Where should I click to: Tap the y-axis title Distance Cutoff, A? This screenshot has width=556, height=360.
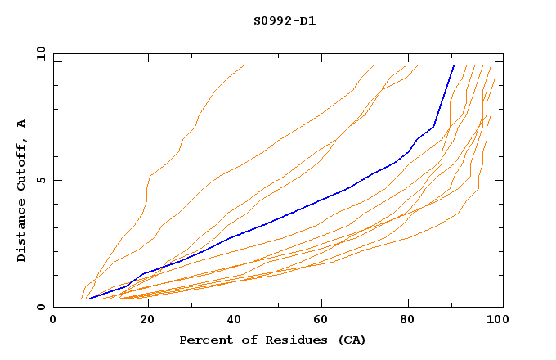(21, 189)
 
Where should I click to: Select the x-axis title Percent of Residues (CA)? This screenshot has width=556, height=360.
(272, 340)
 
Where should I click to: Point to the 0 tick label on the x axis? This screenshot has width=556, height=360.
(53, 321)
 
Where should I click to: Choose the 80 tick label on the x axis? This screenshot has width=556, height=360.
(407, 321)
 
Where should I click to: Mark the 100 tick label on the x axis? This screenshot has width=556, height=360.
(495, 321)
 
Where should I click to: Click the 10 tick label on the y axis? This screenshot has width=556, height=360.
(39, 53)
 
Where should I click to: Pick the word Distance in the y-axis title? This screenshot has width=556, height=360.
(21, 233)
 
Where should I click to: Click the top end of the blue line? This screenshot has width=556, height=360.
(454, 65)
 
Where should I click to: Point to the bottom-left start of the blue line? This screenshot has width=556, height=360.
(89, 299)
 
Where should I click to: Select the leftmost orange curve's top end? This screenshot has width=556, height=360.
(243, 65)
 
